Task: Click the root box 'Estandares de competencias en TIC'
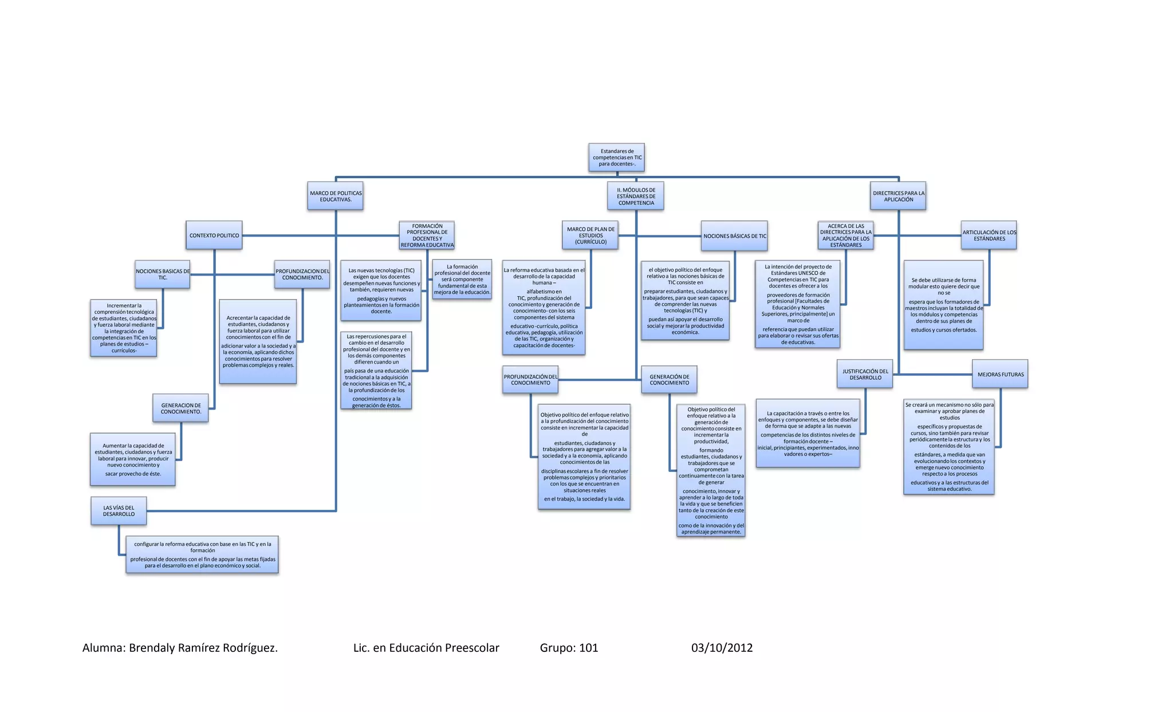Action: [x=617, y=158]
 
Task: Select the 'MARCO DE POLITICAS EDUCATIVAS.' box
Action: [x=336, y=196]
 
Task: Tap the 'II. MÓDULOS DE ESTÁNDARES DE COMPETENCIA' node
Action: [x=636, y=196]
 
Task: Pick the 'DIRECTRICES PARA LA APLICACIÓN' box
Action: [x=898, y=196]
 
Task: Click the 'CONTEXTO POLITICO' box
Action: [x=214, y=235]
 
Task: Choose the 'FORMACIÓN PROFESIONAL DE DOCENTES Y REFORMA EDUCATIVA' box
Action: [x=427, y=235]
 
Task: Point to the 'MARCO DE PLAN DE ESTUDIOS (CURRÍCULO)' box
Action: [x=591, y=235]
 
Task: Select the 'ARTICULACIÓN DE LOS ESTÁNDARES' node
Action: [x=989, y=235]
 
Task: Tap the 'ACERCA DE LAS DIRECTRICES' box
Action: [x=846, y=235]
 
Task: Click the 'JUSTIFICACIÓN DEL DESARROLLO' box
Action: [x=865, y=375]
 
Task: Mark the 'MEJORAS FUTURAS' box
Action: [x=1000, y=375]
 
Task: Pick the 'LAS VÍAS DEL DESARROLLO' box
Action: [x=119, y=511]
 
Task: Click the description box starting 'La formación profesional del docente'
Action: [x=462, y=280]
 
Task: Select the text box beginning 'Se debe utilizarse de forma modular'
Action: [x=943, y=305]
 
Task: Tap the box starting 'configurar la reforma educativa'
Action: [x=202, y=554]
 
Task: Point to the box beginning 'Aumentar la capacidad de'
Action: [x=133, y=459]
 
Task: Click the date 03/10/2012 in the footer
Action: [x=722, y=648]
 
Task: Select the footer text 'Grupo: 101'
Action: [x=569, y=648]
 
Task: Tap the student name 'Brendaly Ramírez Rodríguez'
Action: [x=203, y=648]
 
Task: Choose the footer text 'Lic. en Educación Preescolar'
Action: [x=426, y=648]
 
